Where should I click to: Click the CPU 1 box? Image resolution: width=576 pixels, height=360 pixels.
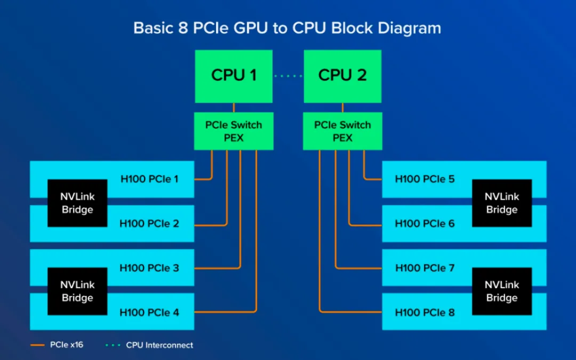click(234, 76)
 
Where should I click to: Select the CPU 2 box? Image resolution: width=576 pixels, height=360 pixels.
click(342, 76)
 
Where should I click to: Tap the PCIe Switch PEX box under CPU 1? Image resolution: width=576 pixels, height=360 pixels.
click(234, 131)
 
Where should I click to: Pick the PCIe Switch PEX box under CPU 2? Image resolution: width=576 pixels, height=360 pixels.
click(342, 131)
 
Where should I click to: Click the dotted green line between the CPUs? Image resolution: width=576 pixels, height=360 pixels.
click(288, 76)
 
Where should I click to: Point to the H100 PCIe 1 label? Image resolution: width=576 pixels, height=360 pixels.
click(149, 179)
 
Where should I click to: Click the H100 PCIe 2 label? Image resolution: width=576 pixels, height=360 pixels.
click(149, 223)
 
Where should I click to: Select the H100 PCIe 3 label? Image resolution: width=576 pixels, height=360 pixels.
click(149, 268)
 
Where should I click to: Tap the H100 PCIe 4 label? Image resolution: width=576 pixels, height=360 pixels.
click(149, 312)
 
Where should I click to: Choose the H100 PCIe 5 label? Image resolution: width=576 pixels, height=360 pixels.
click(425, 179)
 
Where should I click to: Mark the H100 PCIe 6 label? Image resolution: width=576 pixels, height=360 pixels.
click(425, 223)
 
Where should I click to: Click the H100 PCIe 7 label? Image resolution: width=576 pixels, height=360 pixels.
click(425, 268)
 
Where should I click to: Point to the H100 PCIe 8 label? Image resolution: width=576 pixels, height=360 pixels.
click(425, 312)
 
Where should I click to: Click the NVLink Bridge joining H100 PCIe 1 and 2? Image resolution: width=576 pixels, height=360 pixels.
click(77, 203)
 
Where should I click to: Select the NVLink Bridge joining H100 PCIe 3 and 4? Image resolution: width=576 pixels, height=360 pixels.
click(77, 291)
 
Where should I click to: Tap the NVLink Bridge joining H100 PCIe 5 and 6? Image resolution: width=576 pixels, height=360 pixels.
click(501, 203)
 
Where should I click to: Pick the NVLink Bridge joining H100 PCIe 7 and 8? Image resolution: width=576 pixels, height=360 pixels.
click(501, 291)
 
